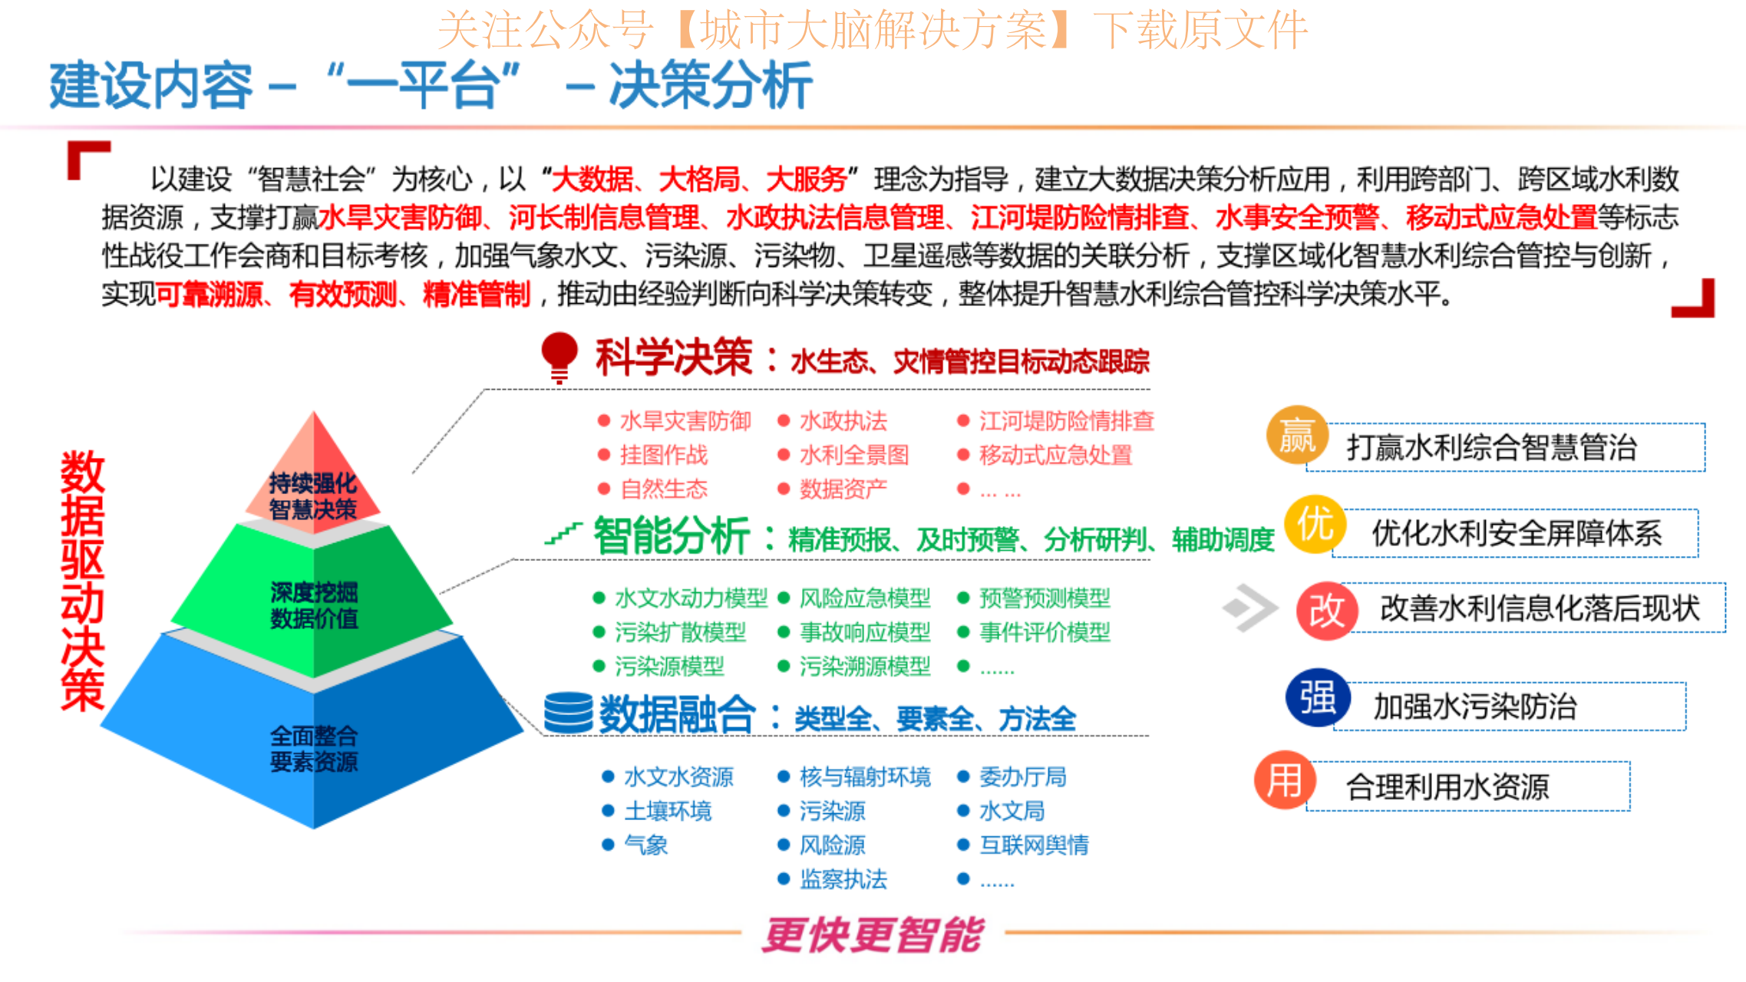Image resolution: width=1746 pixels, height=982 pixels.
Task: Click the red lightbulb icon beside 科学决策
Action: (x=559, y=358)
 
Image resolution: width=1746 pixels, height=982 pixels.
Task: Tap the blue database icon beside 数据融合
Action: (x=569, y=713)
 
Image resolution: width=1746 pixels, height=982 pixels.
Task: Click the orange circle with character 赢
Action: (x=1297, y=435)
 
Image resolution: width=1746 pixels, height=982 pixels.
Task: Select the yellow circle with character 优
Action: (x=1315, y=525)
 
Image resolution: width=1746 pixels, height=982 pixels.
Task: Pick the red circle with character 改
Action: (x=1327, y=611)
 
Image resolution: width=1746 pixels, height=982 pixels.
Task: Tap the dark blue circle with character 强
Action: (x=1318, y=698)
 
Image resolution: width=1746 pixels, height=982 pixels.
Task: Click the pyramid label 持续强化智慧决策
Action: (x=313, y=496)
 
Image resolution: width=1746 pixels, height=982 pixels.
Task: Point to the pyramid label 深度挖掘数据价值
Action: (x=314, y=605)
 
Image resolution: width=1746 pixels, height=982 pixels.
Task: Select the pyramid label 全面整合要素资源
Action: (x=314, y=749)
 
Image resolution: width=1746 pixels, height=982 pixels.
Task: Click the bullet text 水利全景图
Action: (x=854, y=455)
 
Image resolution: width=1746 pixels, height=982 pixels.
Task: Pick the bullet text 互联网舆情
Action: (x=1034, y=845)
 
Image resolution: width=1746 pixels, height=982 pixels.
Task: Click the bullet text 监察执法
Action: (x=843, y=879)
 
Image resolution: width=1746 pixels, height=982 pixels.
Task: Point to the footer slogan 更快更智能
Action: (x=873, y=934)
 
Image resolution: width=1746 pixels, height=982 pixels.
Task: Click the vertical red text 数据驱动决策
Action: (x=82, y=581)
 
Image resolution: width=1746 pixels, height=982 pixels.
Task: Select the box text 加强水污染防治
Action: (x=1474, y=707)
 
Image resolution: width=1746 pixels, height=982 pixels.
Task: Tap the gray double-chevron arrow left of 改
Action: (x=1249, y=608)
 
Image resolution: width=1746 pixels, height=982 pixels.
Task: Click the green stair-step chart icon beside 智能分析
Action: (x=563, y=534)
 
